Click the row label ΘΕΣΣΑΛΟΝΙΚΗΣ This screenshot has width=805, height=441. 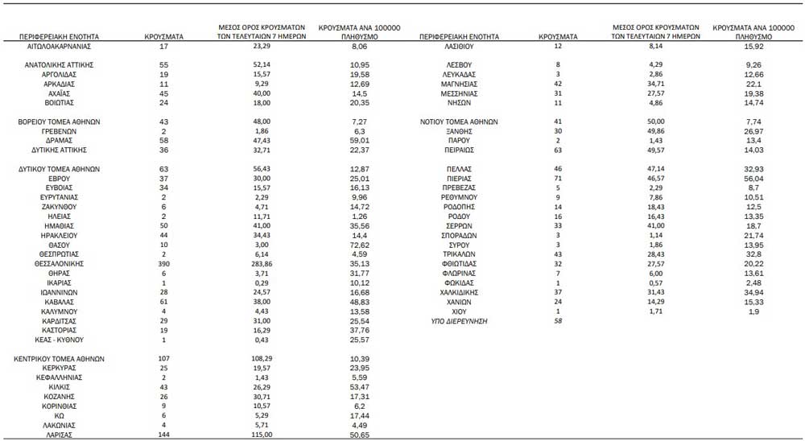(x=60, y=263)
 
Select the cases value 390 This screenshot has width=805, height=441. (x=163, y=263)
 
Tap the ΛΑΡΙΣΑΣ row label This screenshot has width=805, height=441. (x=60, y=435)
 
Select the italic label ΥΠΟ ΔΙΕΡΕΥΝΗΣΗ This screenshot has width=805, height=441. (x=460, y=321)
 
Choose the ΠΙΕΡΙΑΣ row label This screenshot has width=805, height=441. (x=460, y=178)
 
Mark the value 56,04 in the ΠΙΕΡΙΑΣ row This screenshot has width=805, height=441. (x=753, y=178)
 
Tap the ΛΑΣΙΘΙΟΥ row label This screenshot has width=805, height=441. (x=460, y=47)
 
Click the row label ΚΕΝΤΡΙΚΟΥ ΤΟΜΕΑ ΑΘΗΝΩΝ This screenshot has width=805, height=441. (x=60, y=359)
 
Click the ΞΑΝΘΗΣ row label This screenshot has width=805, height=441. (x=460, y=130)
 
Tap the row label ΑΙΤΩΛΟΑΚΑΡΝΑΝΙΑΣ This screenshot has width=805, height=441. (x=60, y=47)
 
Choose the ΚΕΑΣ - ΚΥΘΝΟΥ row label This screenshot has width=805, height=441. (x=60, y=340)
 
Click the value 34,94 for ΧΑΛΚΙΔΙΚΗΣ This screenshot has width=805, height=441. (x=753, y=292)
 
